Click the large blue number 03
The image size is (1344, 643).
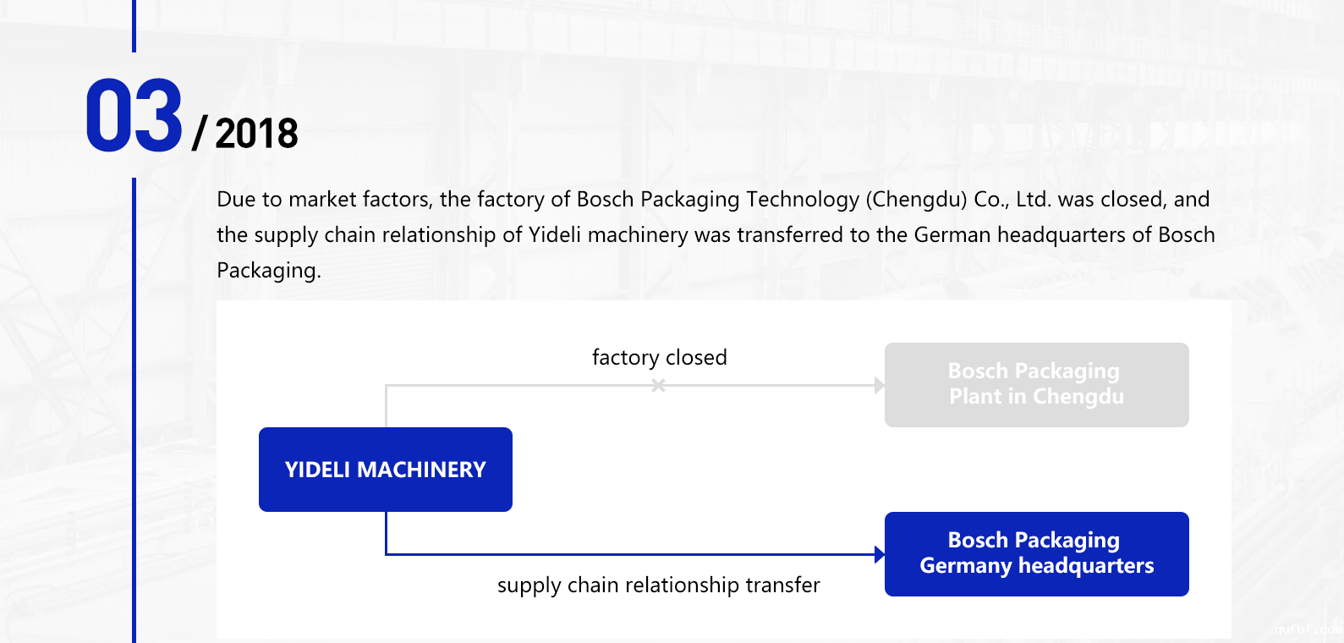134,116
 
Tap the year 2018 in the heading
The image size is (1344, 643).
256,134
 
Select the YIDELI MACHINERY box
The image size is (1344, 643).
386,470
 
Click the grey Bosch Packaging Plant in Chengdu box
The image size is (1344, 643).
1036,384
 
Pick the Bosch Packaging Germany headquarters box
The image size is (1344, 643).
1036,553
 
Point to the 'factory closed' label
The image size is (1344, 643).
659,357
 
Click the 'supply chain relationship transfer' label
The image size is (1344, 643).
658,585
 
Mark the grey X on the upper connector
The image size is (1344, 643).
658,386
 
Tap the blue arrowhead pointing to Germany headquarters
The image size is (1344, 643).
879,555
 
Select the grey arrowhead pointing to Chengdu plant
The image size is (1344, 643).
880,386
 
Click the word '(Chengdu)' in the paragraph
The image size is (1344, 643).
916,200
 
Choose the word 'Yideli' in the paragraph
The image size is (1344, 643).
555,235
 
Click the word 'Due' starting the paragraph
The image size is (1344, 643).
236,200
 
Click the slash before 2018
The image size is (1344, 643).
200,134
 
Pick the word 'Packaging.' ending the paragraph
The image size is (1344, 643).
269,271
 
